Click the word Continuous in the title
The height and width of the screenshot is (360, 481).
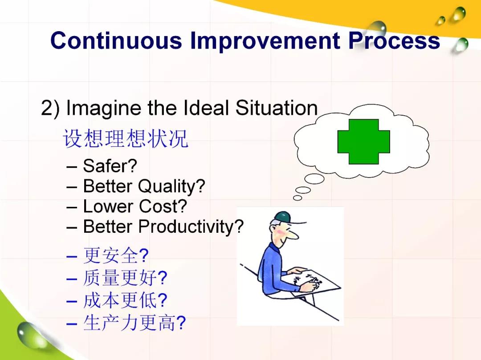click(x=116, y=40)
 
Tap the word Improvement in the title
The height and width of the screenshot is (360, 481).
click(x=265, y=40)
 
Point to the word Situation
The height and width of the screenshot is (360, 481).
click(x=277, y=108)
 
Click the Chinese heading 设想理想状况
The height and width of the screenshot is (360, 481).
click(x=126, y=138)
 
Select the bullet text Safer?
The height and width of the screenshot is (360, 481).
click(x=110, y=166)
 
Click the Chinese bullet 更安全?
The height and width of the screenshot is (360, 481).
click(x=116, y=255)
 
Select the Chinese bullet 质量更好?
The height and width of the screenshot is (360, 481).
click(x=125, y=278)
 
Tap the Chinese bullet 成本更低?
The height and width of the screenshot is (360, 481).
click(x=125, y=300)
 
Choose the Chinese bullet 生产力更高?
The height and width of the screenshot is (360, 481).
click(x=135, y=323)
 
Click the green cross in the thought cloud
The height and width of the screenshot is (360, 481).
click(x=363, y=142)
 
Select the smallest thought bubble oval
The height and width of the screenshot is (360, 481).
click(x=297, y=198)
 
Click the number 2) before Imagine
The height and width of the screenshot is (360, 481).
click(x=50, y=108)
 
